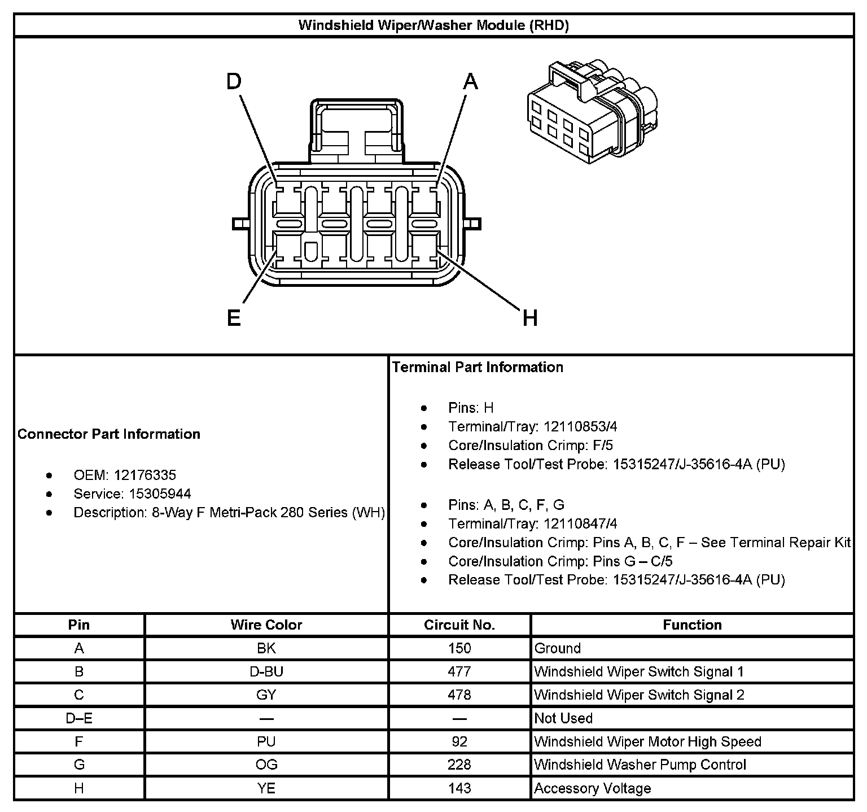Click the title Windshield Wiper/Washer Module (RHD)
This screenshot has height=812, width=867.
point(433,25)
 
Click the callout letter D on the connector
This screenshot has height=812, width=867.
point(234,82)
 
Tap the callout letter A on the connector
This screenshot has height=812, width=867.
point(470,82)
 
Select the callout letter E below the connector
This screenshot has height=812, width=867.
point(234,318)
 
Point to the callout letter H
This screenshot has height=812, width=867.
point(529,318)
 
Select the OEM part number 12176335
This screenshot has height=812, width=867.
point(145,475)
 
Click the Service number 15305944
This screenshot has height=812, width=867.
point(160,494)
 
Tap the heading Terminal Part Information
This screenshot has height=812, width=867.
point(478,367)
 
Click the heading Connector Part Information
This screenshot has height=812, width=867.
point(109,434)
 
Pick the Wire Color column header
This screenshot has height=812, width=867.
point(266,625)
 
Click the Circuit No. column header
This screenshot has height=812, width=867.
point(459,625)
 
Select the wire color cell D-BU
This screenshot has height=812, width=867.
point(266,671)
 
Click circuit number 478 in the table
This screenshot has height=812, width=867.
point(459,695)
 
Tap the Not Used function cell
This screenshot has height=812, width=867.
point(563,718)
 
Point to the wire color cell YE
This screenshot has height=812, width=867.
point(266,788)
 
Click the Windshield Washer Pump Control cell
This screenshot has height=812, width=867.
point(640,765)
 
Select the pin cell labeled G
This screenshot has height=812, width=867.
point(79,765)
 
